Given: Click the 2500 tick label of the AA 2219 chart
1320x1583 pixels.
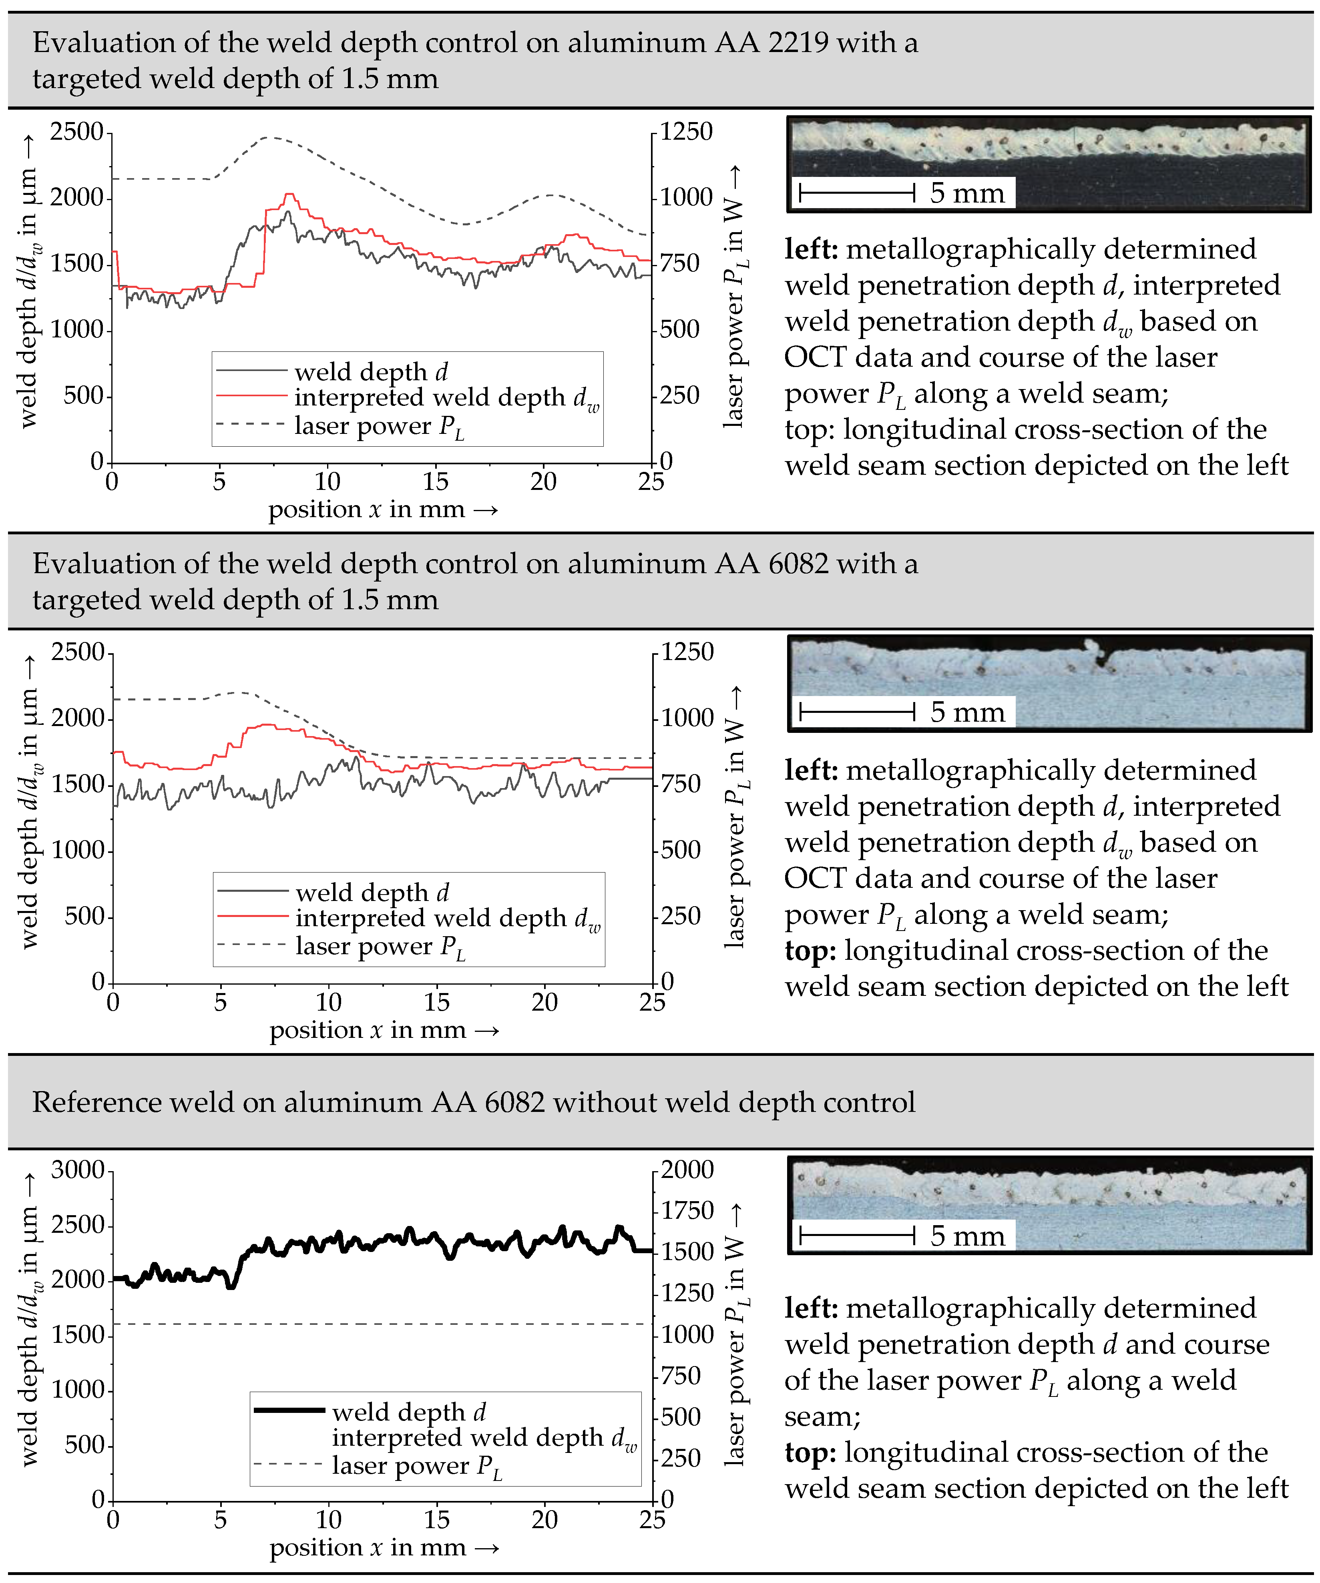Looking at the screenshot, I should coord(76,132).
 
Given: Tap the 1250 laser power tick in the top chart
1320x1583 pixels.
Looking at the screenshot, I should coord(686,132).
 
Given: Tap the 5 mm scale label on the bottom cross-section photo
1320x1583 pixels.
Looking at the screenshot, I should coord(967,1236).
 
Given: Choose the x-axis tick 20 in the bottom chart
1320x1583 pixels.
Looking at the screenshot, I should coord(544,1521).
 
